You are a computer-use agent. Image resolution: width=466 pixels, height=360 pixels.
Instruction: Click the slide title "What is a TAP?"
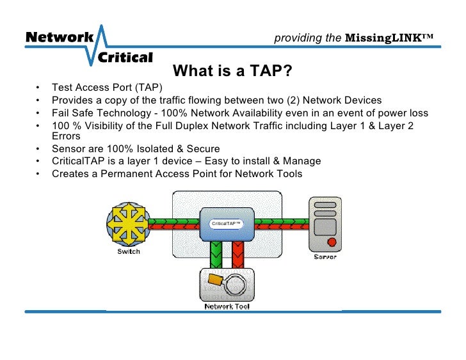click(x=233, y=71)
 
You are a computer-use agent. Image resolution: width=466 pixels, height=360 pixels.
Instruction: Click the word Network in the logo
click(x=59, y=37)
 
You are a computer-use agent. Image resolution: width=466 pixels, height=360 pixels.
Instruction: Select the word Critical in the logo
click(x=125, y=58)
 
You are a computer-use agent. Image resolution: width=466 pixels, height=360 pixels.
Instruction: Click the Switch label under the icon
click(x=129, y=252)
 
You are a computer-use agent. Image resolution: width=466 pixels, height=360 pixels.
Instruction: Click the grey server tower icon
click(x=325, y=224)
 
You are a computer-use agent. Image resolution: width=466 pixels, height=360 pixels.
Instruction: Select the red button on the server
click(x=332, y=242)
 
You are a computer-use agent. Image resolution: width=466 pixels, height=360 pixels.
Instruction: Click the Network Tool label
click(x=227, y=306)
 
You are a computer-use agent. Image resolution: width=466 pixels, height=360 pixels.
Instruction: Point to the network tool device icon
click(x=227, y=284)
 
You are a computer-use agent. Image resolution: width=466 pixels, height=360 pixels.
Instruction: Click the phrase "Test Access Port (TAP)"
click(x=108, y=88)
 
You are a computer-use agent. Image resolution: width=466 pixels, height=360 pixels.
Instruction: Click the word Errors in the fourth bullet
click(x=66, y=136)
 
